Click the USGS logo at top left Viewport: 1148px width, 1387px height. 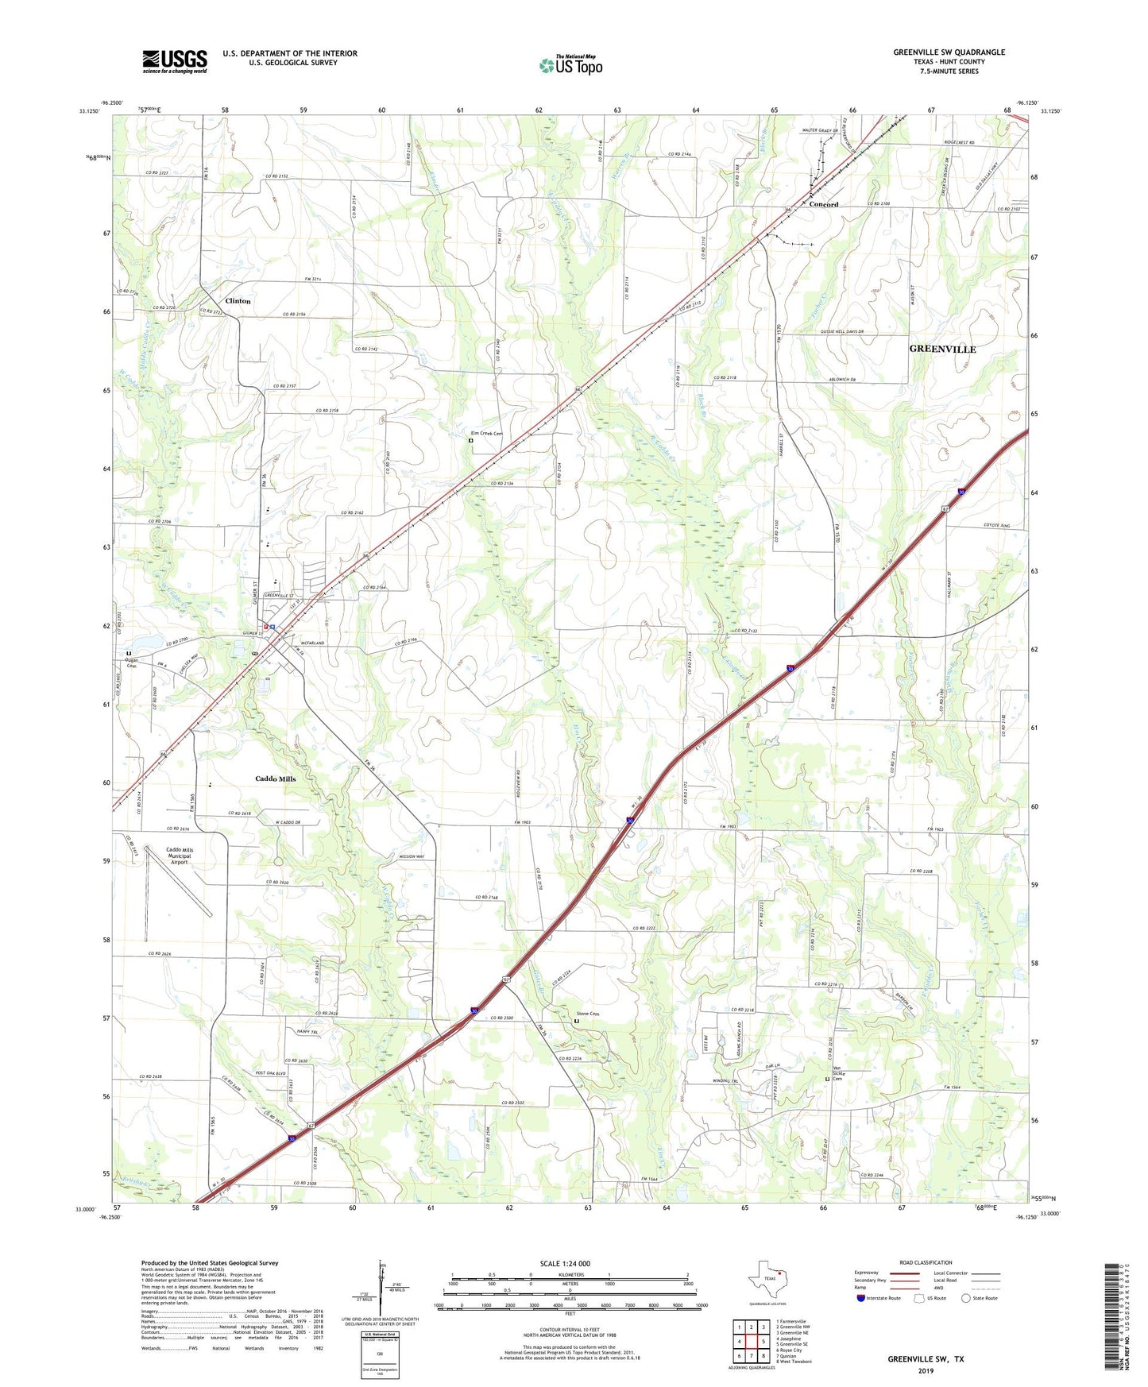[175, 60]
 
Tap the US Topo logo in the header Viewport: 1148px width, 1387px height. [570, 65]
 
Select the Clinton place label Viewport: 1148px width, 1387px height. [238, 301]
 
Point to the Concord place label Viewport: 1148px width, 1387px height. [824, 204]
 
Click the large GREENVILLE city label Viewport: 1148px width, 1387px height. [942, 349]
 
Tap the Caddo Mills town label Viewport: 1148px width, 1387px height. [275, 778]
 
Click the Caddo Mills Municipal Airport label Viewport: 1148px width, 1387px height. [179, 856]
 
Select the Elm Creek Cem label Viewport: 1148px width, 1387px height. [487, 434]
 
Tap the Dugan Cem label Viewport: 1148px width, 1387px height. [131, 663]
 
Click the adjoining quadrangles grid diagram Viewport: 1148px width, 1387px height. [751, 1340]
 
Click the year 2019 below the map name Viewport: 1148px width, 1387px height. [926, 1370]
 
